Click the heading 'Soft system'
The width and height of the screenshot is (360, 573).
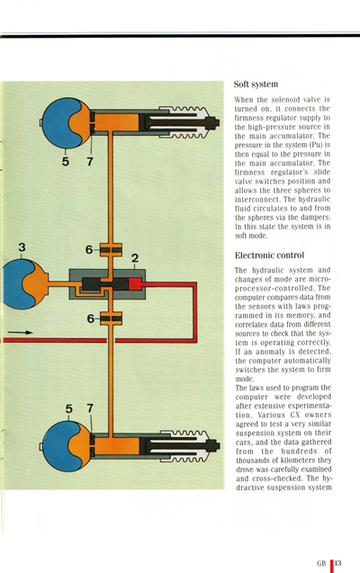click(x=256, y=83)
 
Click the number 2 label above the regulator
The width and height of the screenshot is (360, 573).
click(x=135, y=259)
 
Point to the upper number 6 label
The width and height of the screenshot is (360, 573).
click(x=89, y=249)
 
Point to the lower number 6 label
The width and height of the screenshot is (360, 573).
click(x=89, y=318)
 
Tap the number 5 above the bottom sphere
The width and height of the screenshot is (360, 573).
click(x=69, y=409)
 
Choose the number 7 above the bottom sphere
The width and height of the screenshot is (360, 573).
click(x=90, y=409)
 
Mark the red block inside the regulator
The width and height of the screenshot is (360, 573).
click(x=136, y=284)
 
